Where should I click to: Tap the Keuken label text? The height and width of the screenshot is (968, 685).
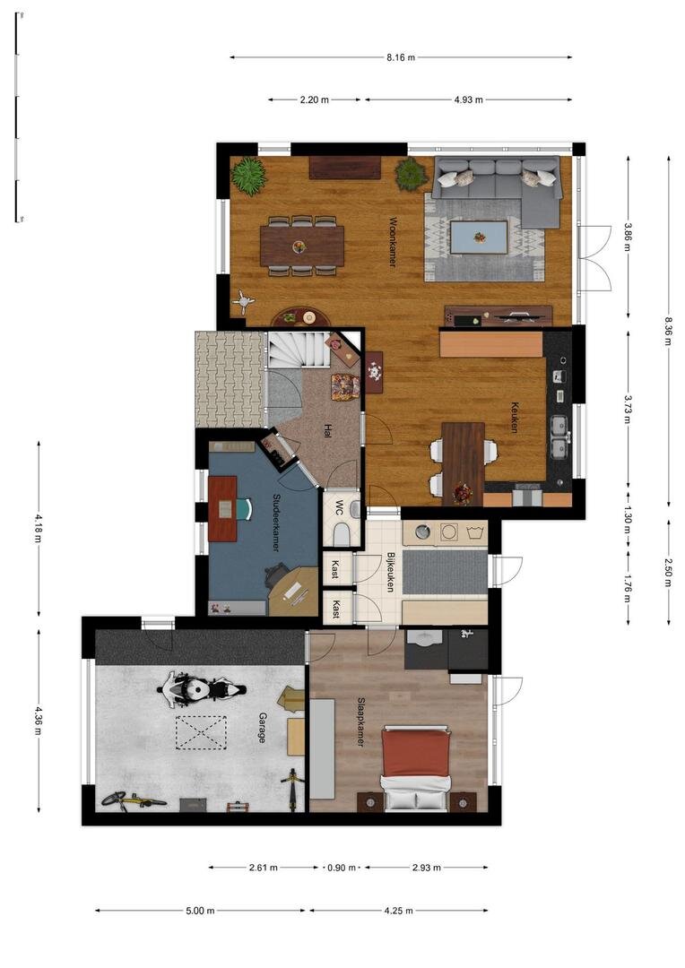(514, 418)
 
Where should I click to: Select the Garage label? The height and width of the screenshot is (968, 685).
(263, 728)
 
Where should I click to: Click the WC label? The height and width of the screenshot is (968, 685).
(339, 507)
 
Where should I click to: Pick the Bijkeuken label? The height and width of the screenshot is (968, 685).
(390, 572)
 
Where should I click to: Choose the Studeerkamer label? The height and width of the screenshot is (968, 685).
(276, 523)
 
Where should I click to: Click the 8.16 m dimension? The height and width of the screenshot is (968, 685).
(401, 57)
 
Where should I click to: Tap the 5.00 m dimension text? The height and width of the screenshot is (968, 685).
(200, 910)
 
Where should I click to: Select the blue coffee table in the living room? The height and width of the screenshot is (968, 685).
(480, 237)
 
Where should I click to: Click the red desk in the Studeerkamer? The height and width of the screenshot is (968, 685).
(222, 508)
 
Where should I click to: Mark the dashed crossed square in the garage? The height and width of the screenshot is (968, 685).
(202, 732)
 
